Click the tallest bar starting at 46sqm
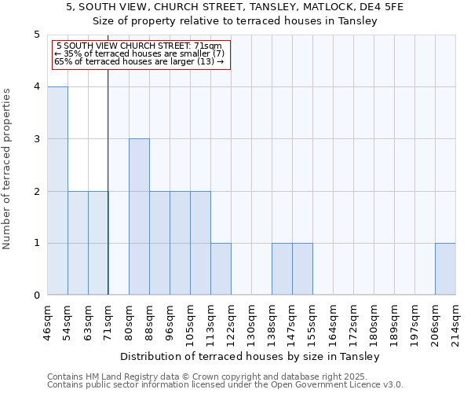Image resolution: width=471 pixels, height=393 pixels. coord(57,191)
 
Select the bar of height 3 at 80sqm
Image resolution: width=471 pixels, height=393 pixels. coord(139,217)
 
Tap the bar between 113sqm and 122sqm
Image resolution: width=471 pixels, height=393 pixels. coord(221,269)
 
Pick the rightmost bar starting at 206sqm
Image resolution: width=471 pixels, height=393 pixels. coord(445,269)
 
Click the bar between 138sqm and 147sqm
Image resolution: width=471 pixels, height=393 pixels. coord(282,269)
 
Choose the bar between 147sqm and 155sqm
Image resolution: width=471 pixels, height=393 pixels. coord(302,269)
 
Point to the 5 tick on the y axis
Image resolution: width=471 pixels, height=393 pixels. coord(37,35)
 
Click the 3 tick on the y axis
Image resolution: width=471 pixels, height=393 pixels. coord(37,139)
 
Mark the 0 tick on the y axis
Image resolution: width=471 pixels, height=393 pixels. coord(37,296)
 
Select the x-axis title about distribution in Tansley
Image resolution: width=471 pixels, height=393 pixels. coord(251,356)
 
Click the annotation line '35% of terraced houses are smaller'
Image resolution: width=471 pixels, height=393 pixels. coord(141,53)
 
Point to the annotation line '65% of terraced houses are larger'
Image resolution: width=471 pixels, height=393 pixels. coord(141,61)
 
